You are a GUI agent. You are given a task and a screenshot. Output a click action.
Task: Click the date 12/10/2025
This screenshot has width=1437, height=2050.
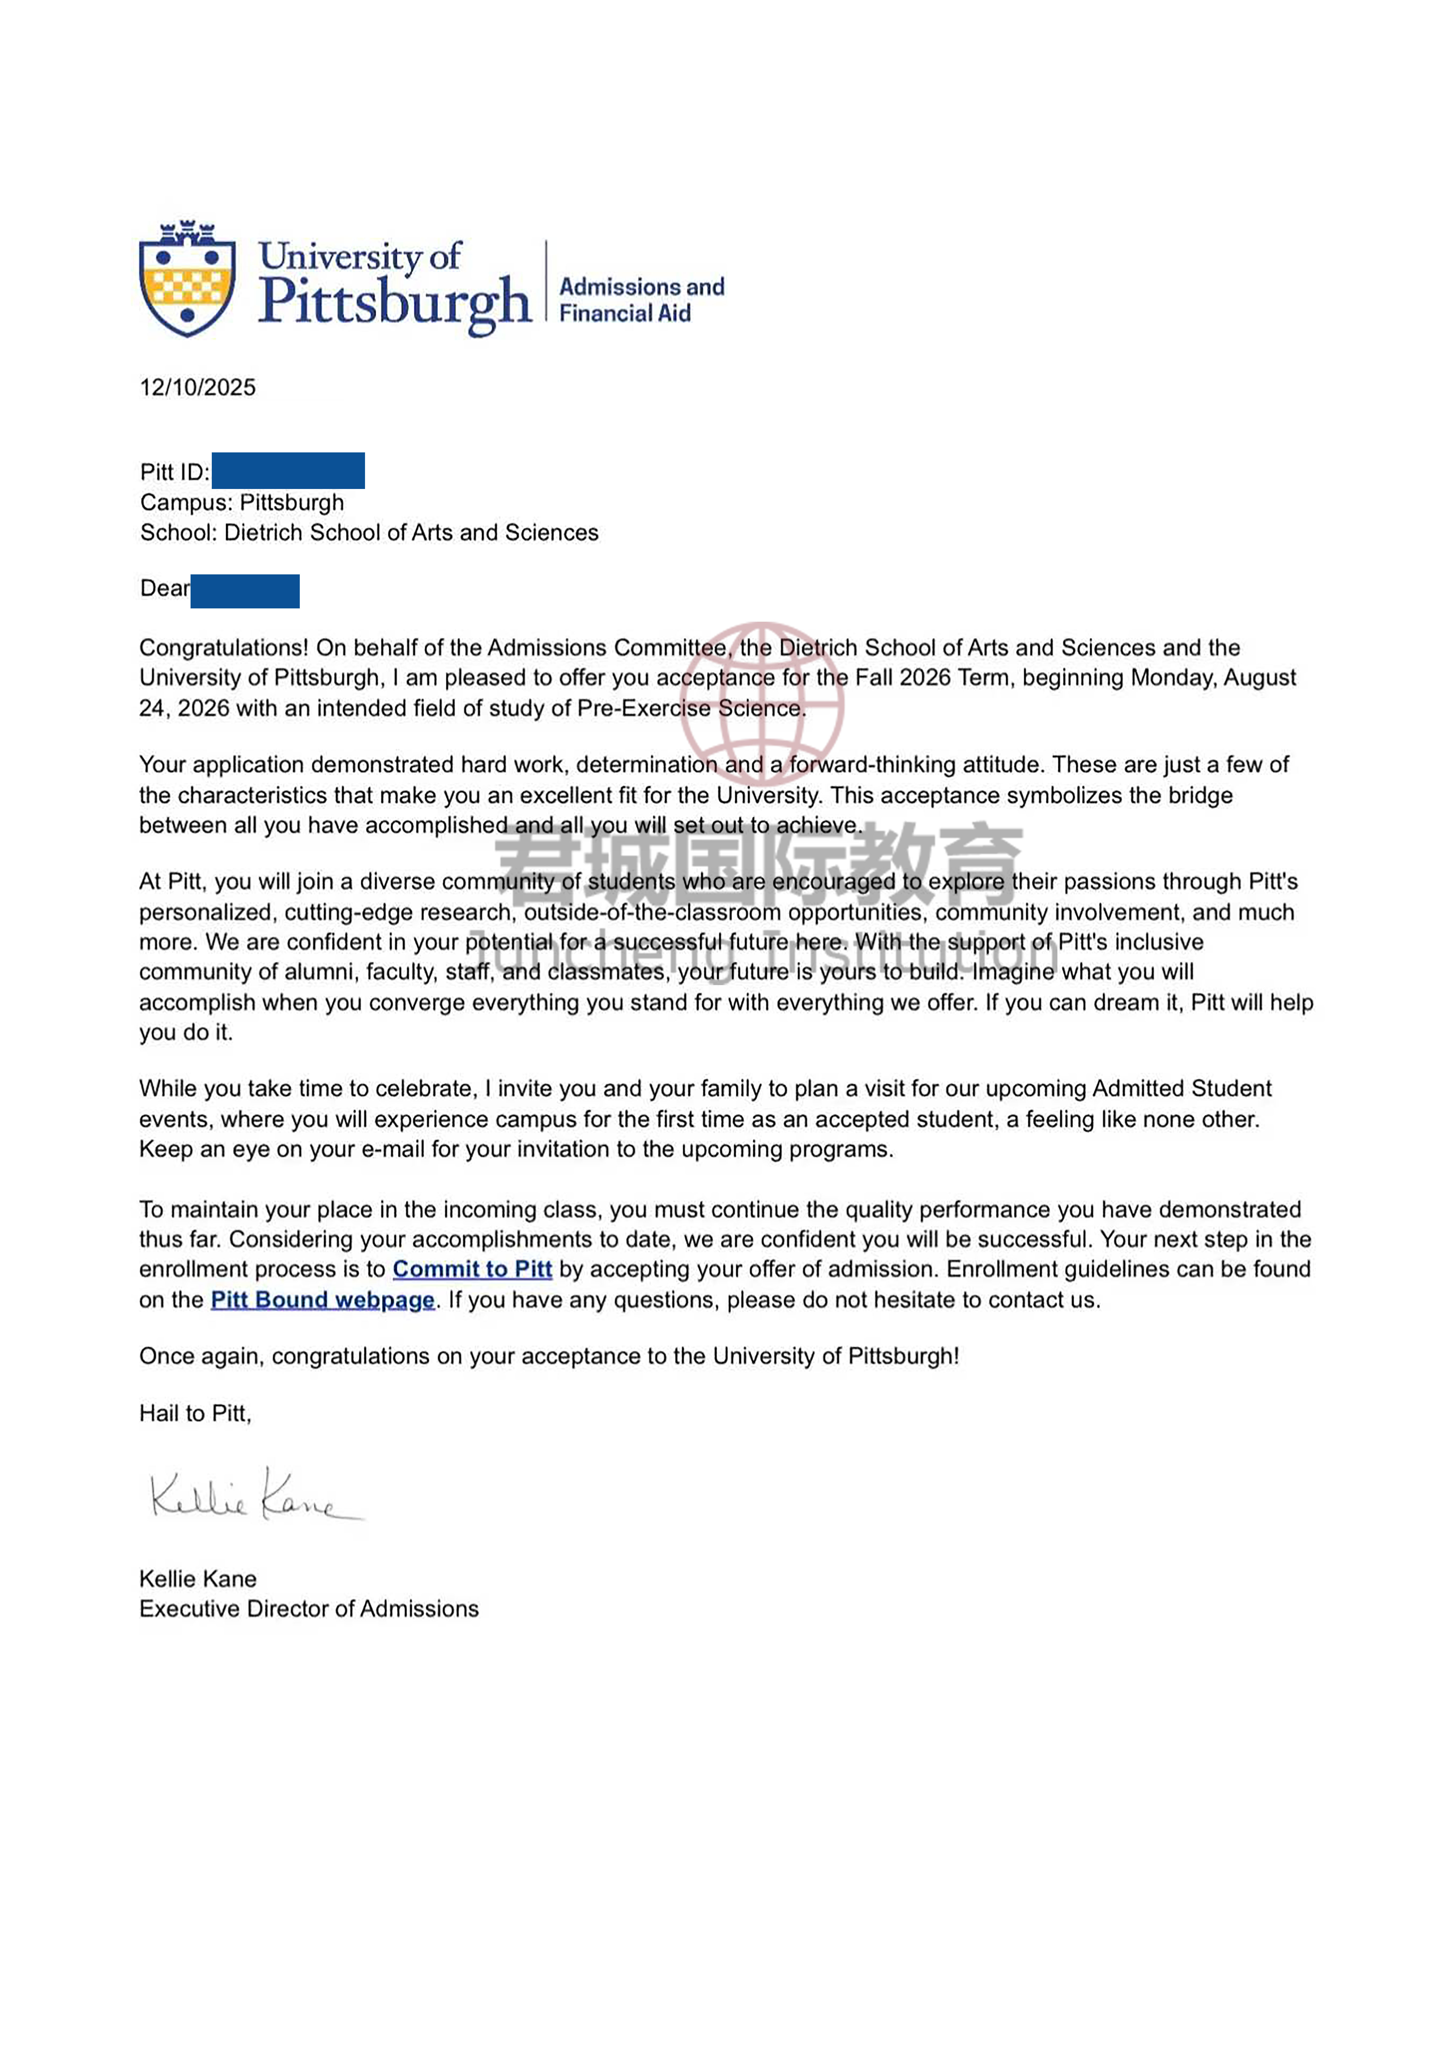197,387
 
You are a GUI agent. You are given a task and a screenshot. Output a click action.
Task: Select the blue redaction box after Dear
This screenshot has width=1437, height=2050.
245,591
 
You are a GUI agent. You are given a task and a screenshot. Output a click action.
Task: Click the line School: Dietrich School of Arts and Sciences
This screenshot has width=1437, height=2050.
369,533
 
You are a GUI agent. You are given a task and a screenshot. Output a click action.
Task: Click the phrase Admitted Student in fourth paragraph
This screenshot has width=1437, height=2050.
1181,1088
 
